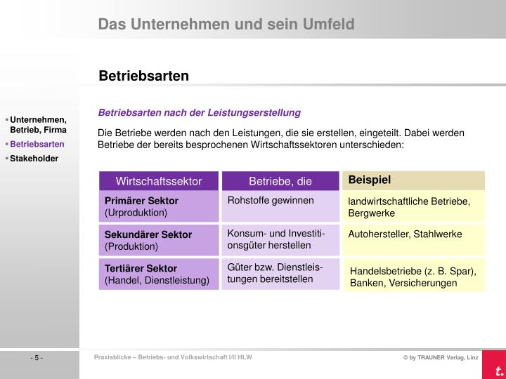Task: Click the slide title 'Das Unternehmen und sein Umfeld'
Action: (226, 25)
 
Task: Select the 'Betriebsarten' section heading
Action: (143, 75)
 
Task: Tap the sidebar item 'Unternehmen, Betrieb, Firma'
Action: (38, 125)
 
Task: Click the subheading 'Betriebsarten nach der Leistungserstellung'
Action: (199, 112)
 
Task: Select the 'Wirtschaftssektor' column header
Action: (159, 181)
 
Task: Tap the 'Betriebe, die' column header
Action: (280, 181)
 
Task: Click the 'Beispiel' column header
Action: (369, 180)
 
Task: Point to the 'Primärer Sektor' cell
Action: (159, 206)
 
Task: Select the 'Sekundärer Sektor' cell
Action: (159, 240)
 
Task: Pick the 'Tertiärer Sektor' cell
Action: (159, 274)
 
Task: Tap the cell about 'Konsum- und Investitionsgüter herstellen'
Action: (280, 239)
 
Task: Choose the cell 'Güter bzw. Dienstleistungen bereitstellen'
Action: (280, 273)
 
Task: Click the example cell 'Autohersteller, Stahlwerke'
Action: (405, 234)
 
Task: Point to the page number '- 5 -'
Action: (37, 359)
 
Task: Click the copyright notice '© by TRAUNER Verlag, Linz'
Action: (440, 359)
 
